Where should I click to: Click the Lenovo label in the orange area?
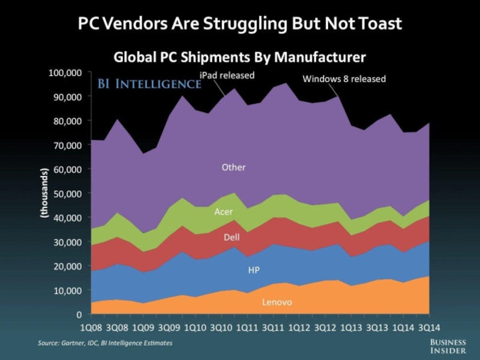pyautogui.click(x=277, y=302)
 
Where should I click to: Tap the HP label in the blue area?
pyautogui.click(x=254, y=271)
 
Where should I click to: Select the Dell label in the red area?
pyautogui.click(x=232, y=238)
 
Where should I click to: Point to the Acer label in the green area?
pyautogui.click(x=223, y=212)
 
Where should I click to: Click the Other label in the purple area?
pyautogui.click(x=233, y=167)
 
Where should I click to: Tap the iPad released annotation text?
pyautogui.click(x=227, y=76)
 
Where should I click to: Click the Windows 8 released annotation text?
pyautogui.click(x=344, y=79)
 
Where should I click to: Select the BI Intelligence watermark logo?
pyautogui.click(x=149, y=85)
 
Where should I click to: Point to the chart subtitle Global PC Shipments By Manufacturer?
pyautogui.click(x=239, y=57)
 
